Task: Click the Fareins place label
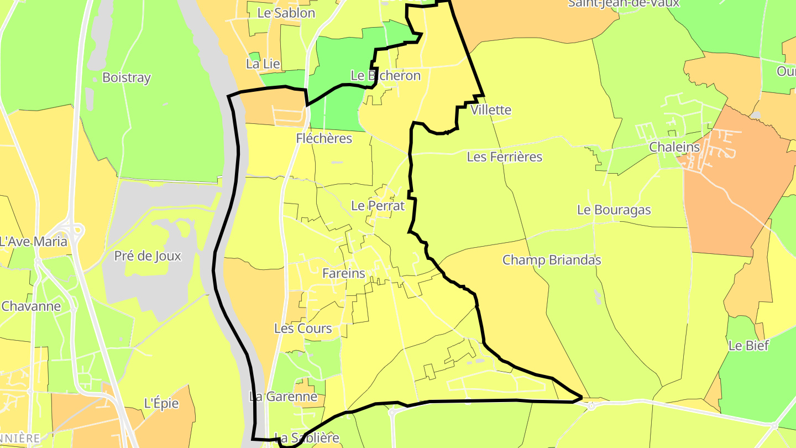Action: tap(344, 273)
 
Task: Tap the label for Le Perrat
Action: tap(378, 206)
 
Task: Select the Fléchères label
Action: tap(324, 138)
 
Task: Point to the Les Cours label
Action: tap(303, 329)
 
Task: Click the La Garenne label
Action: tap(283, 397)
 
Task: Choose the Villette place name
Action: tap(491, 110)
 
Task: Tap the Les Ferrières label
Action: tap(505, 157)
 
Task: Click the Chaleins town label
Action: tap(674, 148)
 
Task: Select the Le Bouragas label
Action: tap(614, 210)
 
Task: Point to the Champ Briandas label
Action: tap(552, 260)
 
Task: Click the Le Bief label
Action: tap(748, 346)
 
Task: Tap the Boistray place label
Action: tap(127, 78)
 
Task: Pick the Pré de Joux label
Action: tap(148, 256)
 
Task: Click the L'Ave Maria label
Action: tap(33, 242)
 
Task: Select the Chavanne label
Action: tap(31, 306)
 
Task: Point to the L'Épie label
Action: tap(161, 404)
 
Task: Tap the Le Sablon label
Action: tap(286, 13)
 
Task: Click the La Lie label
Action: tap(263, 64)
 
